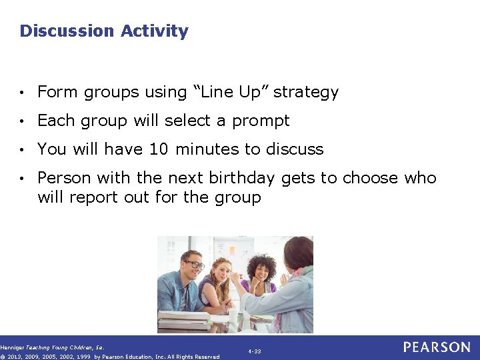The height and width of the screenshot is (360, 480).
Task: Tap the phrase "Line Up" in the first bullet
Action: [231, 92]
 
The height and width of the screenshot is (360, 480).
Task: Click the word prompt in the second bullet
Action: [263, 121]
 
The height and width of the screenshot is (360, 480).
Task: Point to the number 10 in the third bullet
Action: [159, 149]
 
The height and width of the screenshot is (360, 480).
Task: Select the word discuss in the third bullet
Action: [295, 149]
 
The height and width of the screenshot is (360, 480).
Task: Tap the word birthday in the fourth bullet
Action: [241, 178]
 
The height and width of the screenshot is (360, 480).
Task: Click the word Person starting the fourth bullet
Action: [65, 178]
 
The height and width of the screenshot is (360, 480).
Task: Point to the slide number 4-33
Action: [254, 351]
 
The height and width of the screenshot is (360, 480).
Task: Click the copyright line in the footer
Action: [110, 357]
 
